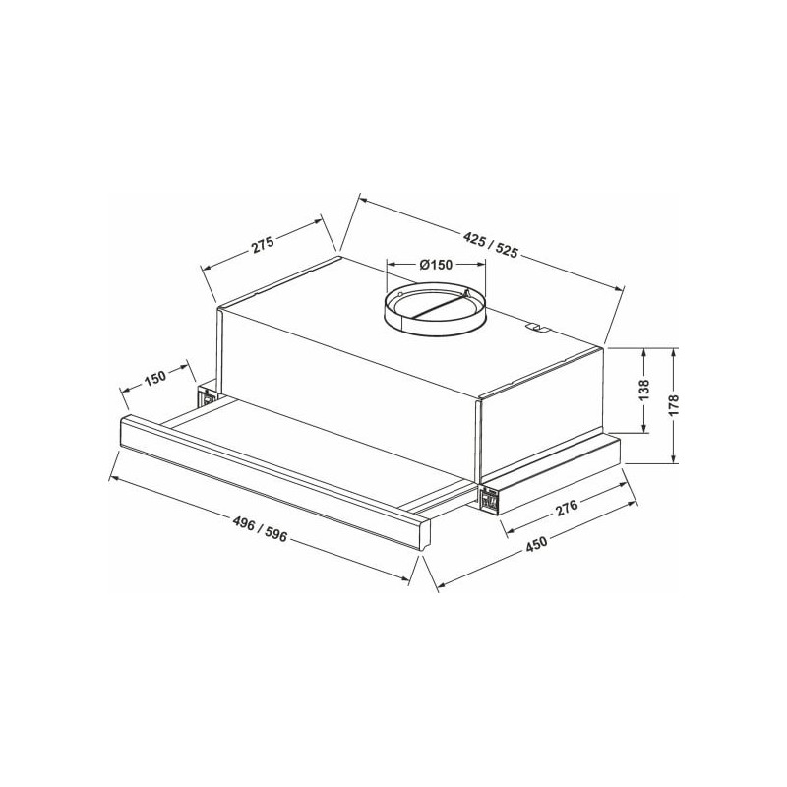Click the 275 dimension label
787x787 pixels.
[x=264, y=245]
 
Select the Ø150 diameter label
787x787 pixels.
[x=435, y=264]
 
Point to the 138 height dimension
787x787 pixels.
[x=644, y=390]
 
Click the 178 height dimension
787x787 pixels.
[x=674, y=404]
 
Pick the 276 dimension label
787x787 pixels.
[x=568, y=508]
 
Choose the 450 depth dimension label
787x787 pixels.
[x=536, y=544]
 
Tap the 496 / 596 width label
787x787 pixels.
[x=260, y=529]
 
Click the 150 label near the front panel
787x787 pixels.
[x=155, y=377]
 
